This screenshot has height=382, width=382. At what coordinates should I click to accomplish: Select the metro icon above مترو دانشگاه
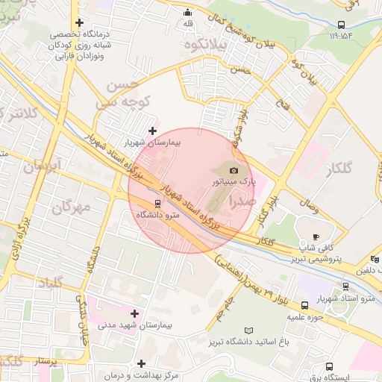coord(157,202)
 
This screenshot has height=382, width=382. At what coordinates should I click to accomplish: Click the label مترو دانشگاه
coord(158,214)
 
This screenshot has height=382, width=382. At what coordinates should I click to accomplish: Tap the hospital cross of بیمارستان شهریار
coord(153,131)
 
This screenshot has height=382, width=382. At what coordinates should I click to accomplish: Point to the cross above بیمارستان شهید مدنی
coord(134,313)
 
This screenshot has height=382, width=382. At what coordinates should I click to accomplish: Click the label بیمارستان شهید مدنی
coord(135,325)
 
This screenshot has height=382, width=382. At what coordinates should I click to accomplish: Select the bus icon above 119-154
coord(341,24)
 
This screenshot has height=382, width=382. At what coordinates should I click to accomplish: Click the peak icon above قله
coord(187,12)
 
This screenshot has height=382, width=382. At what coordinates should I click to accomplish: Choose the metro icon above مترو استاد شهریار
coord(345,286)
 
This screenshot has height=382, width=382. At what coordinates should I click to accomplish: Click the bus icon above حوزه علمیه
coord(304,305)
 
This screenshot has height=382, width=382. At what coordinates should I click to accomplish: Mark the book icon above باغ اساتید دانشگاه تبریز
coord(248,330)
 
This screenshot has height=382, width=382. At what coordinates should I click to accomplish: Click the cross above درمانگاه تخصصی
coord(79,22)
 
